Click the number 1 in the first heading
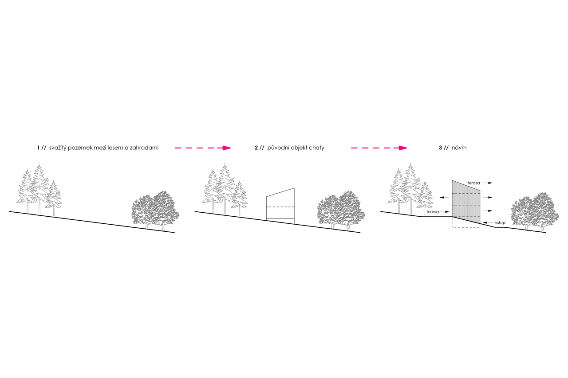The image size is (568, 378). coord(38,148)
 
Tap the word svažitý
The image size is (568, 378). coord(58,148)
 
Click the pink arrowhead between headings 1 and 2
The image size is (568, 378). coord(227,148)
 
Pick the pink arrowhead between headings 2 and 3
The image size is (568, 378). coord(403,148)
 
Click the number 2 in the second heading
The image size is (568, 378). coord(256,148)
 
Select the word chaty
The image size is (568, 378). coord(316,148)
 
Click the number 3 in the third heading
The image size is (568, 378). coord(441,148)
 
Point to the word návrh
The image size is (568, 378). coord(459,148)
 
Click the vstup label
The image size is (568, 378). coord(500,223)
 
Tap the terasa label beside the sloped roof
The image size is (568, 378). coord(473,183)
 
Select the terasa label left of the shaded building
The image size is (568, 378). coord(433,212)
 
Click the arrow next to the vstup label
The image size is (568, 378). coord(488,223)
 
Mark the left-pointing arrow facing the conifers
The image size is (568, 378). coord(445,197)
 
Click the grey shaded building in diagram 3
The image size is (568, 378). coord(466,203)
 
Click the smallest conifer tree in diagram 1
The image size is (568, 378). coord(54,198)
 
